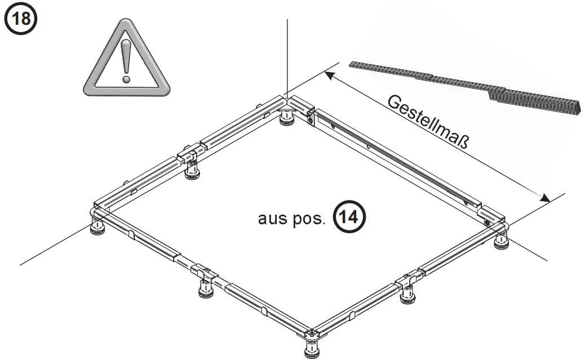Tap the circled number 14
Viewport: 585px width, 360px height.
(x=349, y=217)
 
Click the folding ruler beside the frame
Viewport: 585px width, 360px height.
(x=467, y=85)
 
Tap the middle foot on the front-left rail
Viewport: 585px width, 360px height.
(x=205, y=288)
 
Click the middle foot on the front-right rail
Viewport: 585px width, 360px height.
(x=407, y=294)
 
